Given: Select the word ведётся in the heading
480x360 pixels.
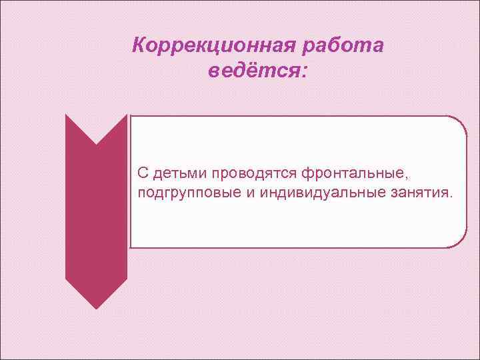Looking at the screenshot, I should tap(253, 71).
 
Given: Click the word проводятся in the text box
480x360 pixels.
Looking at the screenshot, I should tap(254, 174).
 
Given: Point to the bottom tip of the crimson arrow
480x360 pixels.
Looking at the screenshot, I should tap(96, 308).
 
